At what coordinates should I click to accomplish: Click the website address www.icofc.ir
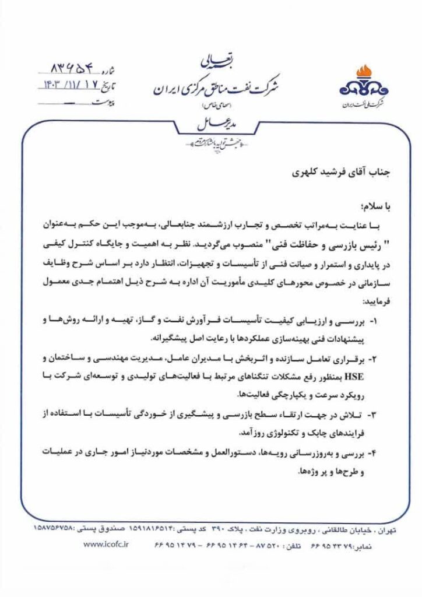coord(105,544)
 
